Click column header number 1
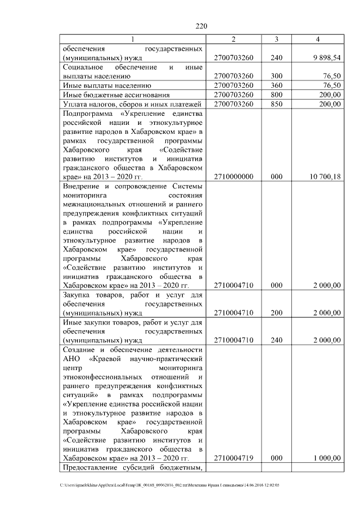[133, 39]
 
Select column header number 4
[318, 39]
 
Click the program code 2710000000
[234, 177]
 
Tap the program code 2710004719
[234, 458]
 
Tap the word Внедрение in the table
[83, 186]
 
